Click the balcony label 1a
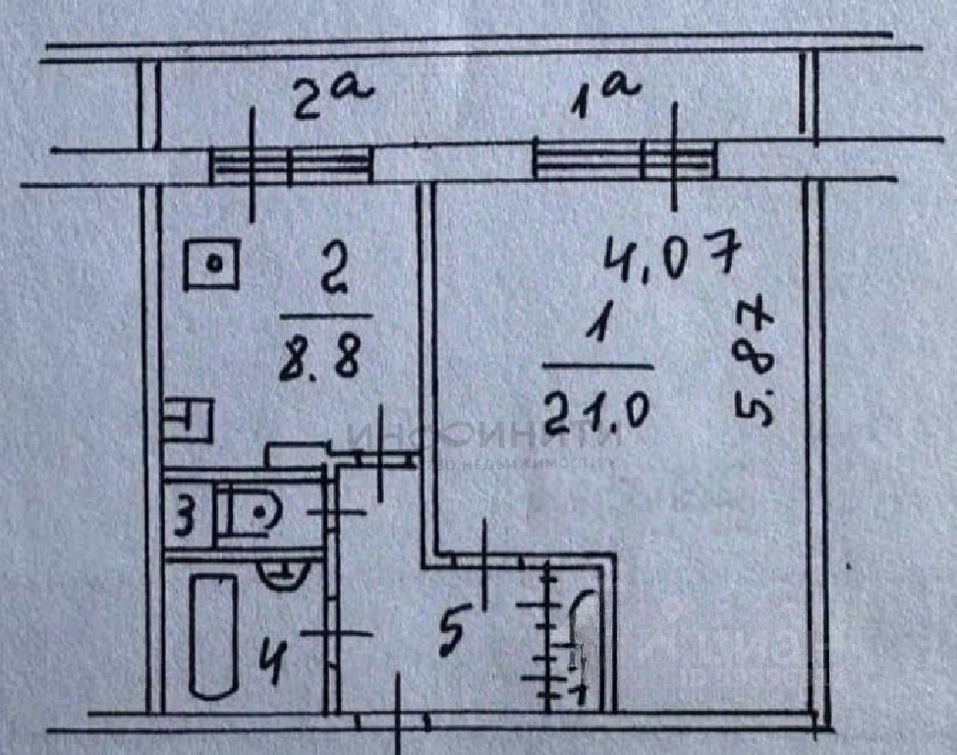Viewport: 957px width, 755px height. [607, 97]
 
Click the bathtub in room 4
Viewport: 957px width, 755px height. [212, 636]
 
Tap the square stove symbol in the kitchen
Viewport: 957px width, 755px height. [210, 263]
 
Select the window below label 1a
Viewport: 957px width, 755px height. [624, 160]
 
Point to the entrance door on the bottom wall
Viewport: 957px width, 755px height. [394, 722]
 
